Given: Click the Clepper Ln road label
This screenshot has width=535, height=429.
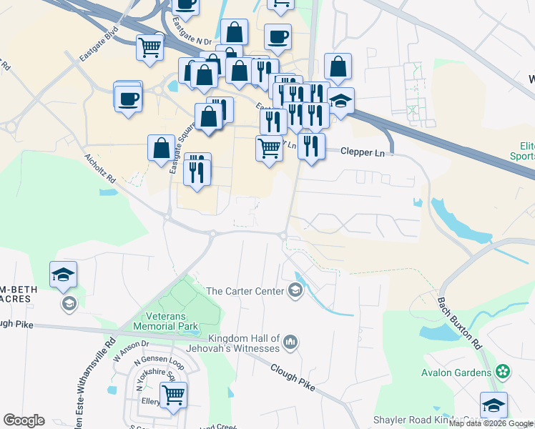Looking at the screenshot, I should pyautogui.click(x=363, y=152).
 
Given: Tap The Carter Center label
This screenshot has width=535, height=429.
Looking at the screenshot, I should pyautogui.click(x=245, y=291).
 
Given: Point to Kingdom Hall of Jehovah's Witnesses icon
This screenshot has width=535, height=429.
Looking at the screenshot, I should pyautogui.click(x=290, y=342).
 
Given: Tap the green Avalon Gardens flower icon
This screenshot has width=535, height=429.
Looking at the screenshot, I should pyautogui.click(x=504, y=372).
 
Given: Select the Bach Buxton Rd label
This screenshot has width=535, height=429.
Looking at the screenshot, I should pyautogui.click(x=468, y=324).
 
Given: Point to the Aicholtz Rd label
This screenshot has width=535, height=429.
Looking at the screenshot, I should pyautogui.click(x=99, y=169).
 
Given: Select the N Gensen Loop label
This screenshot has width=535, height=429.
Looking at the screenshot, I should pyautogui.click(x=153, y=362).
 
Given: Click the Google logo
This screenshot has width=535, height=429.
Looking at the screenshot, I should pyautogui.click(x=24, y=420).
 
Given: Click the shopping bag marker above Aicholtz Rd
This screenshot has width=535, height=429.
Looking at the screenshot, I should pyautogui.click(x=161, y=149).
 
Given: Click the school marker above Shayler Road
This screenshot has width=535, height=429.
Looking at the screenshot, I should pyautogui.click(x=494, y=406).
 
